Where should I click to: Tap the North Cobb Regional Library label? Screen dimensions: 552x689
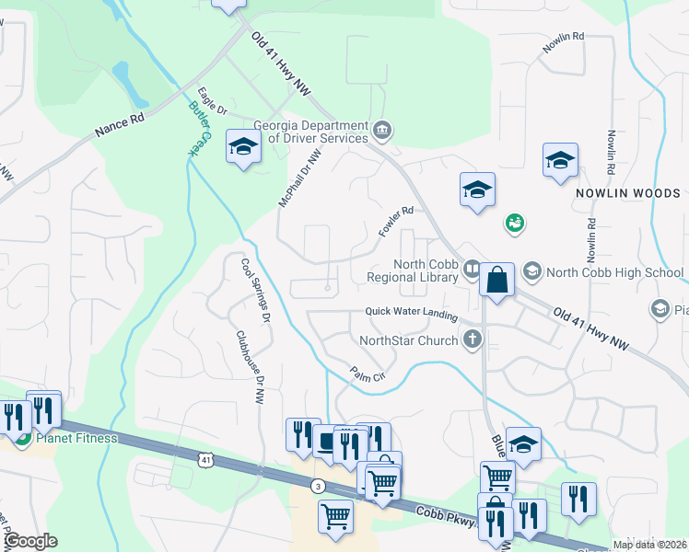pos(412,270)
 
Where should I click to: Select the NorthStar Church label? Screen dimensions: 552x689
pos(408,341)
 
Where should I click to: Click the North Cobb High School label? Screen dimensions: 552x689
pos(614,272)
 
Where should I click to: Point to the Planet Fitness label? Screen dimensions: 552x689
pos(77,438)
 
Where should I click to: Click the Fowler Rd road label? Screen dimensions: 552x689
pos(397,223)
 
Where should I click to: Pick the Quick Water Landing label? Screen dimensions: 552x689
pos(411,313)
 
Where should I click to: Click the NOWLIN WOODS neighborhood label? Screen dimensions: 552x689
pos(628,194)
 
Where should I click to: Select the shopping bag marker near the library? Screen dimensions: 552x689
pos(496,280)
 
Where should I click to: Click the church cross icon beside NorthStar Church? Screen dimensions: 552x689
pos(473,339)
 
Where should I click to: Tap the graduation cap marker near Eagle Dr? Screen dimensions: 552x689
pos(243,148)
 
